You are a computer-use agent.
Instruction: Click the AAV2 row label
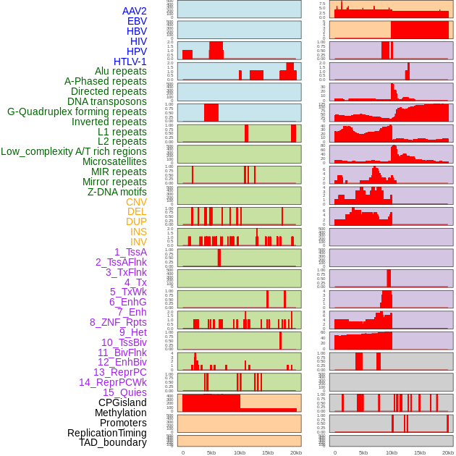point(134,11)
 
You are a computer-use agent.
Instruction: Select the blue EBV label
point(136,21)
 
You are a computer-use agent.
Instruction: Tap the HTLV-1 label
point(130,62)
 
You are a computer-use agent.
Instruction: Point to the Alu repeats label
point(120,71)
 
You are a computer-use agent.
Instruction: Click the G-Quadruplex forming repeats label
point(77,111)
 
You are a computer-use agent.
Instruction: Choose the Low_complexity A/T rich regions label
point(73,151)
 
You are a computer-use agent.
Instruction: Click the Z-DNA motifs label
point(117,192)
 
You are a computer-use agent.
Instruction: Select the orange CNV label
point(136,202)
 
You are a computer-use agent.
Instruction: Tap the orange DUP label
point(136,221)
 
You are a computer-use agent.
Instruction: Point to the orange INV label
point(138,242)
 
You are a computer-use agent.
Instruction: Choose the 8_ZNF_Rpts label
point(118,322)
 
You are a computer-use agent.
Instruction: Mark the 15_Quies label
point(124,392)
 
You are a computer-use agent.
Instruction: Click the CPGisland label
point(122,402)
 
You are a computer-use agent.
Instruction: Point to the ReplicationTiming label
point(106,433)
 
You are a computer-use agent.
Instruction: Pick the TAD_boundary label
point(112,442)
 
